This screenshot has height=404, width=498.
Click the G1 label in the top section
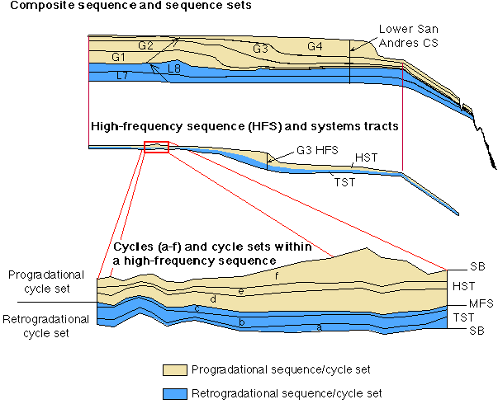(117, 57)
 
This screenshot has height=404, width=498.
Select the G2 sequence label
(145, 45)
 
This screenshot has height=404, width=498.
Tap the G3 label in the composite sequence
(262, 49)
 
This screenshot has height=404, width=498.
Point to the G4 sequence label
(315, 45)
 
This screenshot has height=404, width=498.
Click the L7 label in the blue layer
(121, 75)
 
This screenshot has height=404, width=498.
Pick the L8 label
(174, 68)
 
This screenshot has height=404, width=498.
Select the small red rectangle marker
(156, 147)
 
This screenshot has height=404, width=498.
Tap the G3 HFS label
(313, 152)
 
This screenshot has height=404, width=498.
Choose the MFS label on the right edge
(469, 303)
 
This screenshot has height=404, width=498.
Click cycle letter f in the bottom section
(277, 276)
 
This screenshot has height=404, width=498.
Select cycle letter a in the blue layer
(320, 327)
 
